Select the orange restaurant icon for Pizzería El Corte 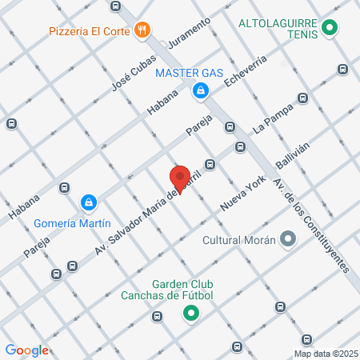[142, 30]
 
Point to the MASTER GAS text [189, 74]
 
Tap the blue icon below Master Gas [198, 92]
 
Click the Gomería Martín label [72, 223]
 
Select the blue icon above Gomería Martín [90, 203]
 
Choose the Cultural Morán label [238, 239]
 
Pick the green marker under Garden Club [190, 314]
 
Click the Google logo [27, 350]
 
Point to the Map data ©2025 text [326, 353]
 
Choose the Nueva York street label [242, 194]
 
